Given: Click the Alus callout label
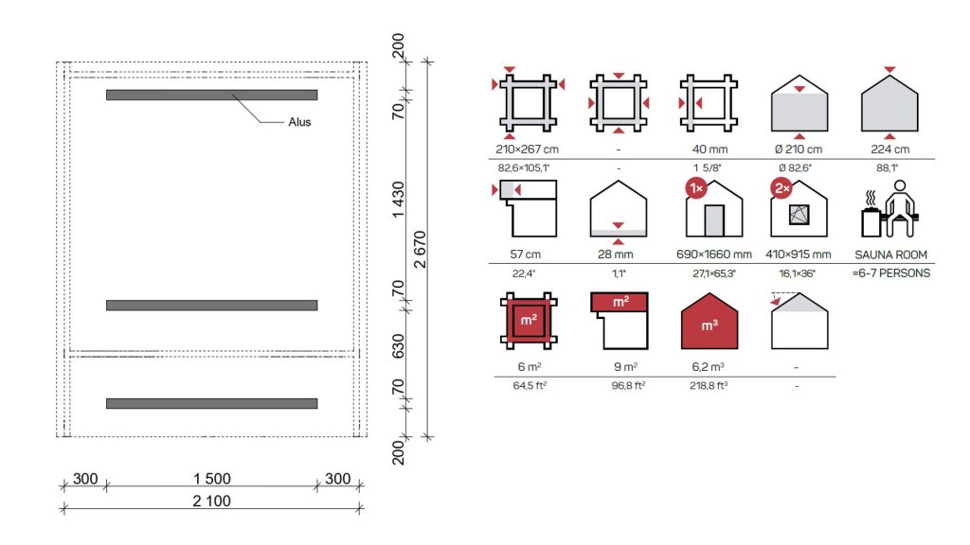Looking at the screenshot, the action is point(299,122).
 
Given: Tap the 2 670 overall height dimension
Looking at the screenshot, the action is point(420,250).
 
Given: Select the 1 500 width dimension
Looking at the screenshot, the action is point(211,478).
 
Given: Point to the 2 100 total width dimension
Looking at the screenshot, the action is point(211,501).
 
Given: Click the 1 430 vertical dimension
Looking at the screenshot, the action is point(398,199).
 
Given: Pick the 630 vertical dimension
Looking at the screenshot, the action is point(398,346).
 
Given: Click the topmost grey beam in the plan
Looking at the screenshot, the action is point(211,96).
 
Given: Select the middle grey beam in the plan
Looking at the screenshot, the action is point(211,306).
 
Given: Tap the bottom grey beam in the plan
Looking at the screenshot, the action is point(211,403).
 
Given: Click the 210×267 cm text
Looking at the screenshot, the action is point(527,149).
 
